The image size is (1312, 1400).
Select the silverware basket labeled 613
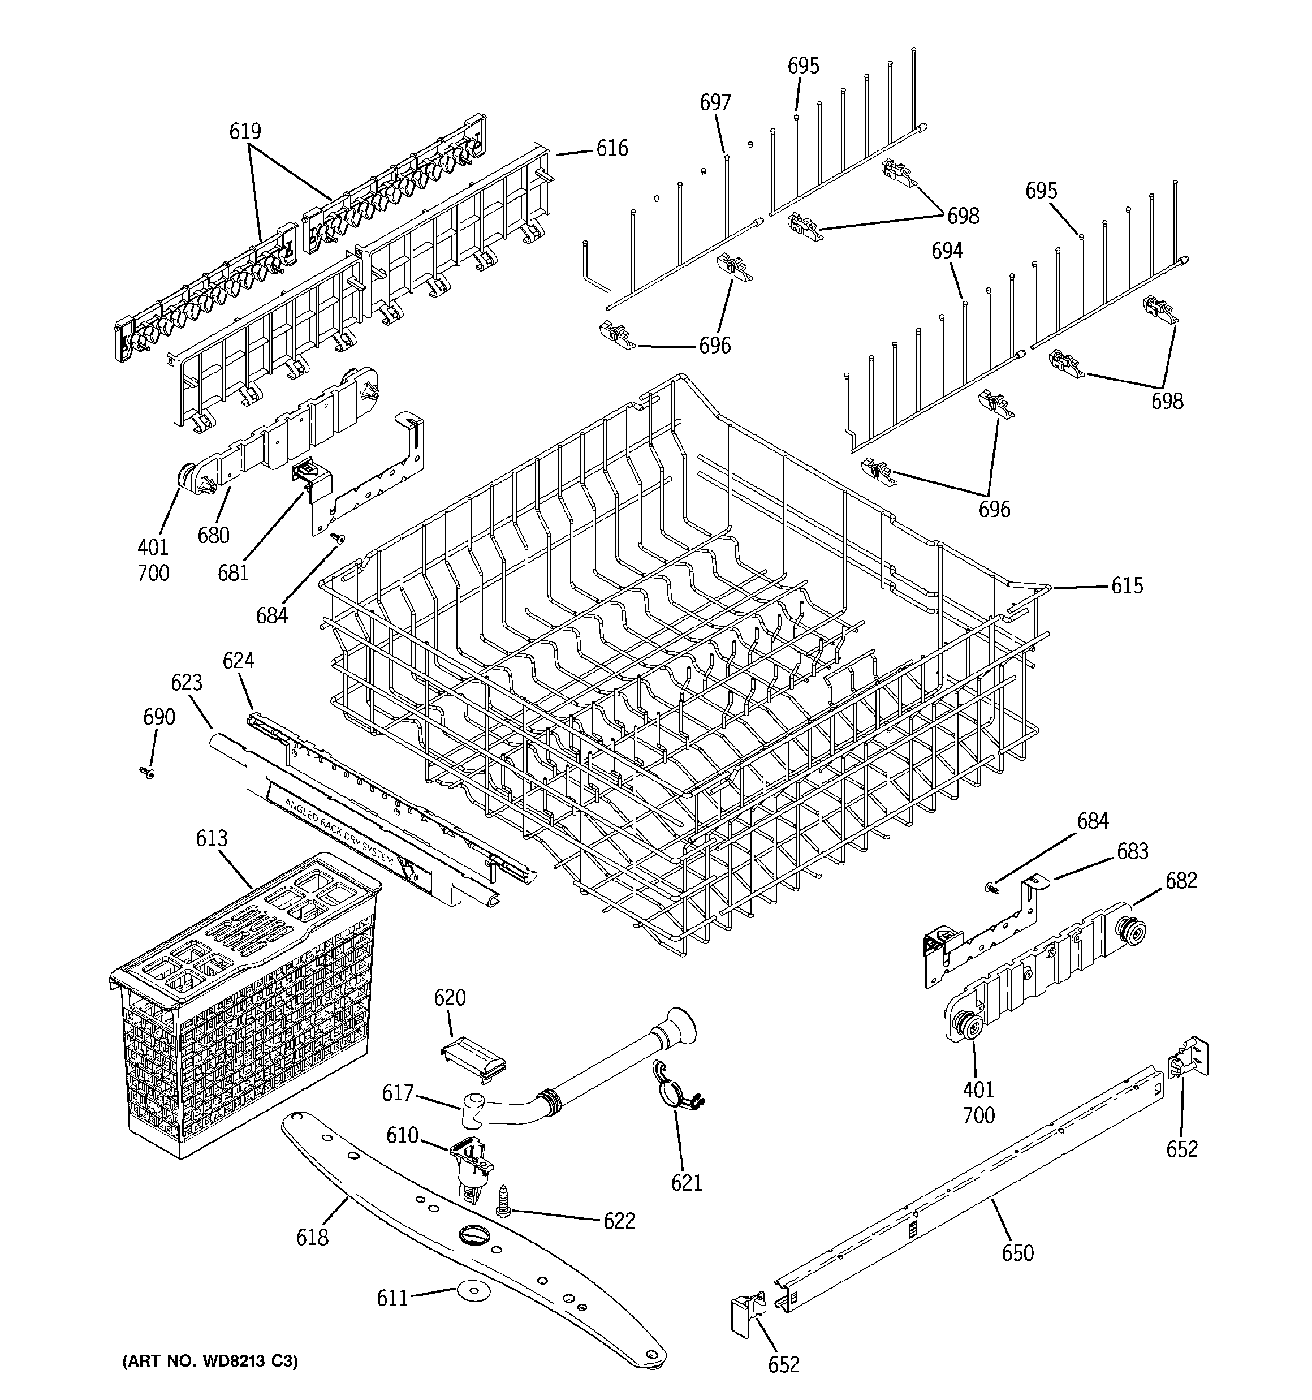247,1000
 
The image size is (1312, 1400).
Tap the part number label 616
612,149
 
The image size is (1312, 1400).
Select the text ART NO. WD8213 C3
210,1362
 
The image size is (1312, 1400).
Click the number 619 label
245,132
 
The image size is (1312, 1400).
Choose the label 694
947,251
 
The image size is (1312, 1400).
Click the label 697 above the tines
715,103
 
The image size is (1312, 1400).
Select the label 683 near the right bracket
1132,851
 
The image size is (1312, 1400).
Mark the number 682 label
1181,881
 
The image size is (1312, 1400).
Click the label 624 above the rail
239,661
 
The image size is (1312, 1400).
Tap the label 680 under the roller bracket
213,535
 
